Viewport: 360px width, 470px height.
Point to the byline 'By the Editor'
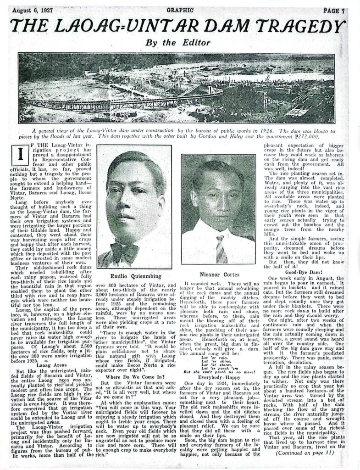(x=177, y=43)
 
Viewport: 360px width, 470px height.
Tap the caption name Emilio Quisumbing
(x=133, y=276)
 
